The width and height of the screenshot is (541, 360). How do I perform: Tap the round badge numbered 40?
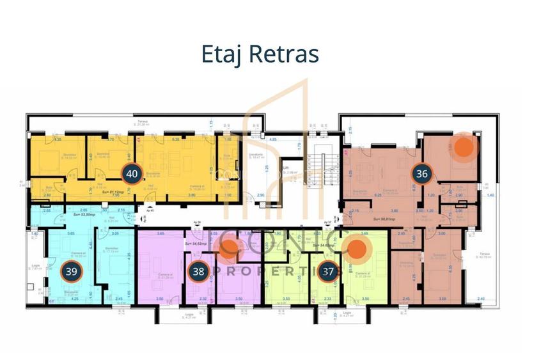coord(132,174)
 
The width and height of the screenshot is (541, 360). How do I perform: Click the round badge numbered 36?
coord(421,173)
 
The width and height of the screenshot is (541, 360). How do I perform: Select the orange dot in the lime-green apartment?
coord(357,252)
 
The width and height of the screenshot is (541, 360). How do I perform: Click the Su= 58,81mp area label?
coord(368,219)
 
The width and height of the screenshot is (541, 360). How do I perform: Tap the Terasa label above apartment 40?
coord(139,121)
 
